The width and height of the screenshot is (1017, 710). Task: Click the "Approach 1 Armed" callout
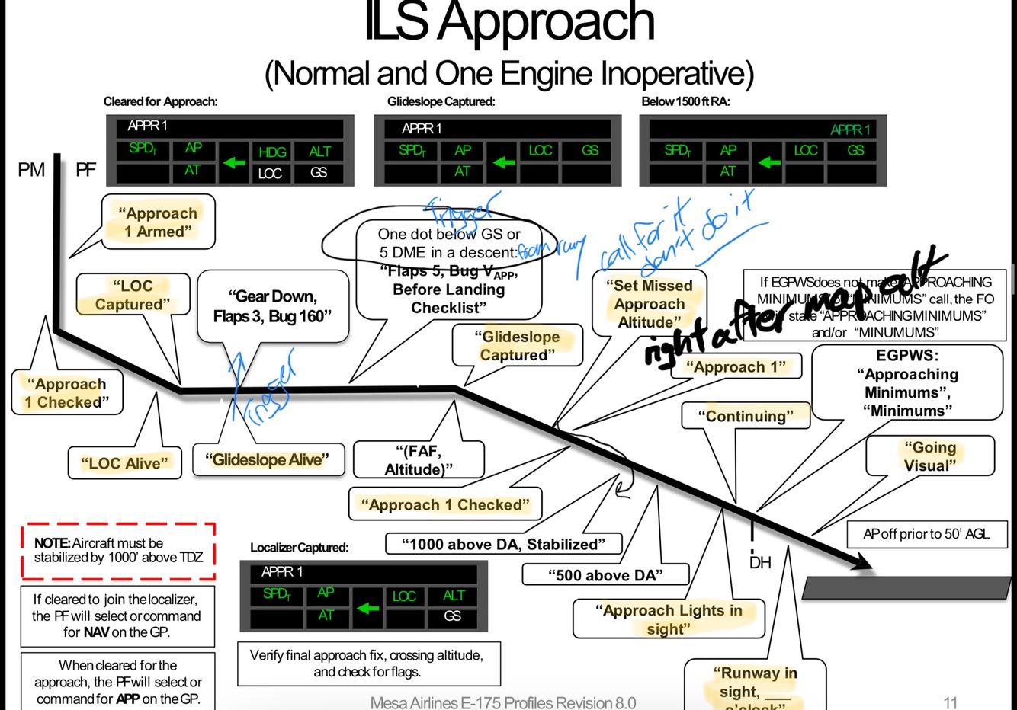pyautogui.click(x=158, y=222)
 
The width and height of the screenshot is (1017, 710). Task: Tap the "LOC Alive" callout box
pyautogui.click(x=125, y=463)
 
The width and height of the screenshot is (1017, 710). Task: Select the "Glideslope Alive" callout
pyautogui.click(x=268, y=460)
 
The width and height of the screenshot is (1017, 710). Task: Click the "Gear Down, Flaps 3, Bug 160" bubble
pyautogui.click(x=272, y=306)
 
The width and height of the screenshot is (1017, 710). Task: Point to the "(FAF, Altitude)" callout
pyautogui.click(x=419, y=460)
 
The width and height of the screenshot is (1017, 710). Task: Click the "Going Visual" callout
pyautogui.click(x=930, y=456)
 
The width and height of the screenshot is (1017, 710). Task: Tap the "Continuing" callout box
pyautogui.click(x=745, y=416)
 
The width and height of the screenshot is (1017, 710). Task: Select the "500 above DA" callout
pyautogui.click(x=605, y=575)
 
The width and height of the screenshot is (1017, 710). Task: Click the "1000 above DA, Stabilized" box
pyautogui.click(x=503, y=544)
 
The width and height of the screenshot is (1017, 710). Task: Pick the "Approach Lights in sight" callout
pyautogui.click(x=669, y=619)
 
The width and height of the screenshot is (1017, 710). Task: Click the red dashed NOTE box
pyautogui.click(x=118, y=550)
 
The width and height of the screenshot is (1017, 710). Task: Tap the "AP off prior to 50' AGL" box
pyautogui.click(x=926, y=534)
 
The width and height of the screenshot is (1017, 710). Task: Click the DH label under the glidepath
pyautogui.click(x=760, y=563)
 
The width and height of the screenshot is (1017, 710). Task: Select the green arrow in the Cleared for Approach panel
pyautogui.click(x=234, y=162)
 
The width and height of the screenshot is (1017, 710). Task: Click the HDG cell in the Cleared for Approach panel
pyautogui.click(x=271, y=152)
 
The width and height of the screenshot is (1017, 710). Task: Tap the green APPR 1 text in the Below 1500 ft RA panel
pyautogui.click(x=850, y=130)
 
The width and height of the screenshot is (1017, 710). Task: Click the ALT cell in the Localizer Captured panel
pyautogui.click(x=454, y=596)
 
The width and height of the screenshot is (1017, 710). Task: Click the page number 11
pyautogui.click(x=950, y=702)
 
